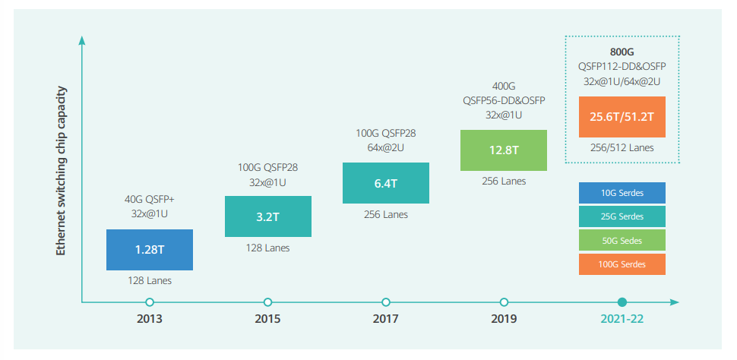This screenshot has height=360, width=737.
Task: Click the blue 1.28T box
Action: click(x=150, y=250)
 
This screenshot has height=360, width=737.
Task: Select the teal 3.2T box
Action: click(x=267, y=216)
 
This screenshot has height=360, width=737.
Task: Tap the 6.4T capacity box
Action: click(x=385, y=182)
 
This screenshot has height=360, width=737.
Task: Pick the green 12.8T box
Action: click(x=504, y=150)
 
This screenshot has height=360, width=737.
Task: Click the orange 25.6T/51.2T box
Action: click(x=622, y=117)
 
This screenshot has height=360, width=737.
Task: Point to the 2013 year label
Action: click(x=150, y=319)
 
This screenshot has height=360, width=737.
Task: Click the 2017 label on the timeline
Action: click(x=385, y=319)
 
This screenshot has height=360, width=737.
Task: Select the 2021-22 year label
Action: click(x=622, y=319)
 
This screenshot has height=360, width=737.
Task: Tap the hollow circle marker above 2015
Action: click(x=267, y=302)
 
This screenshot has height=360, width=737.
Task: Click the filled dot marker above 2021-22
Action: click(x=622, y=302)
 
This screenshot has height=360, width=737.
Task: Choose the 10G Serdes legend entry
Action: click(x=622, y=193)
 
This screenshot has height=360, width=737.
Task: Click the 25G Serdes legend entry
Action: click(x=622, y=216)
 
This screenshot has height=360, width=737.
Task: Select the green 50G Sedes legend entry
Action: click(x=622, y=241)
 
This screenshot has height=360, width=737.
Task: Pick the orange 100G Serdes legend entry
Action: click(x=622, y=264)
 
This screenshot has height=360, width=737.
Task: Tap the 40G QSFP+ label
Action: click(x=150, y=201)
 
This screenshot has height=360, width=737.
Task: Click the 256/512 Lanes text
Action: click(x=622, y=147)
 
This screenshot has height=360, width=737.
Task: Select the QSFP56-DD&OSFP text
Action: click(x=504, y=100)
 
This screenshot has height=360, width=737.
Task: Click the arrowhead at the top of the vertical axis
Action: click(x=82, y=38)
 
